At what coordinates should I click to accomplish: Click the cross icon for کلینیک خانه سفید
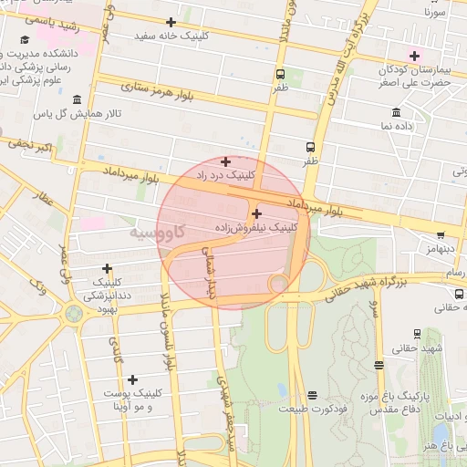(x=171, y=22)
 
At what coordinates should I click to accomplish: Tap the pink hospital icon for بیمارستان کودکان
(x=414, y=55)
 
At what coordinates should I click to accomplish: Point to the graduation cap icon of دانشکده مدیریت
(x=25, y=40)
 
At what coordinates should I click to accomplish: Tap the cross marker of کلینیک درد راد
(x=225, y=161)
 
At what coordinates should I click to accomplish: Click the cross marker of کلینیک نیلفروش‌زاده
(x=255, y=213)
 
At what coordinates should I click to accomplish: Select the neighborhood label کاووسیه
(x=156, y=232)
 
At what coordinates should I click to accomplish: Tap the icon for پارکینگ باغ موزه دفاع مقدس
(x=379, y=366)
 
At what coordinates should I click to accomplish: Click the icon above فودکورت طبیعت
(x=313, y=395)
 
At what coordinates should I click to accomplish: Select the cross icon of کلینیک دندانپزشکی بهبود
(x=108, y=268)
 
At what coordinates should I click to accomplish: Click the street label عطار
(x=43, y=199)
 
